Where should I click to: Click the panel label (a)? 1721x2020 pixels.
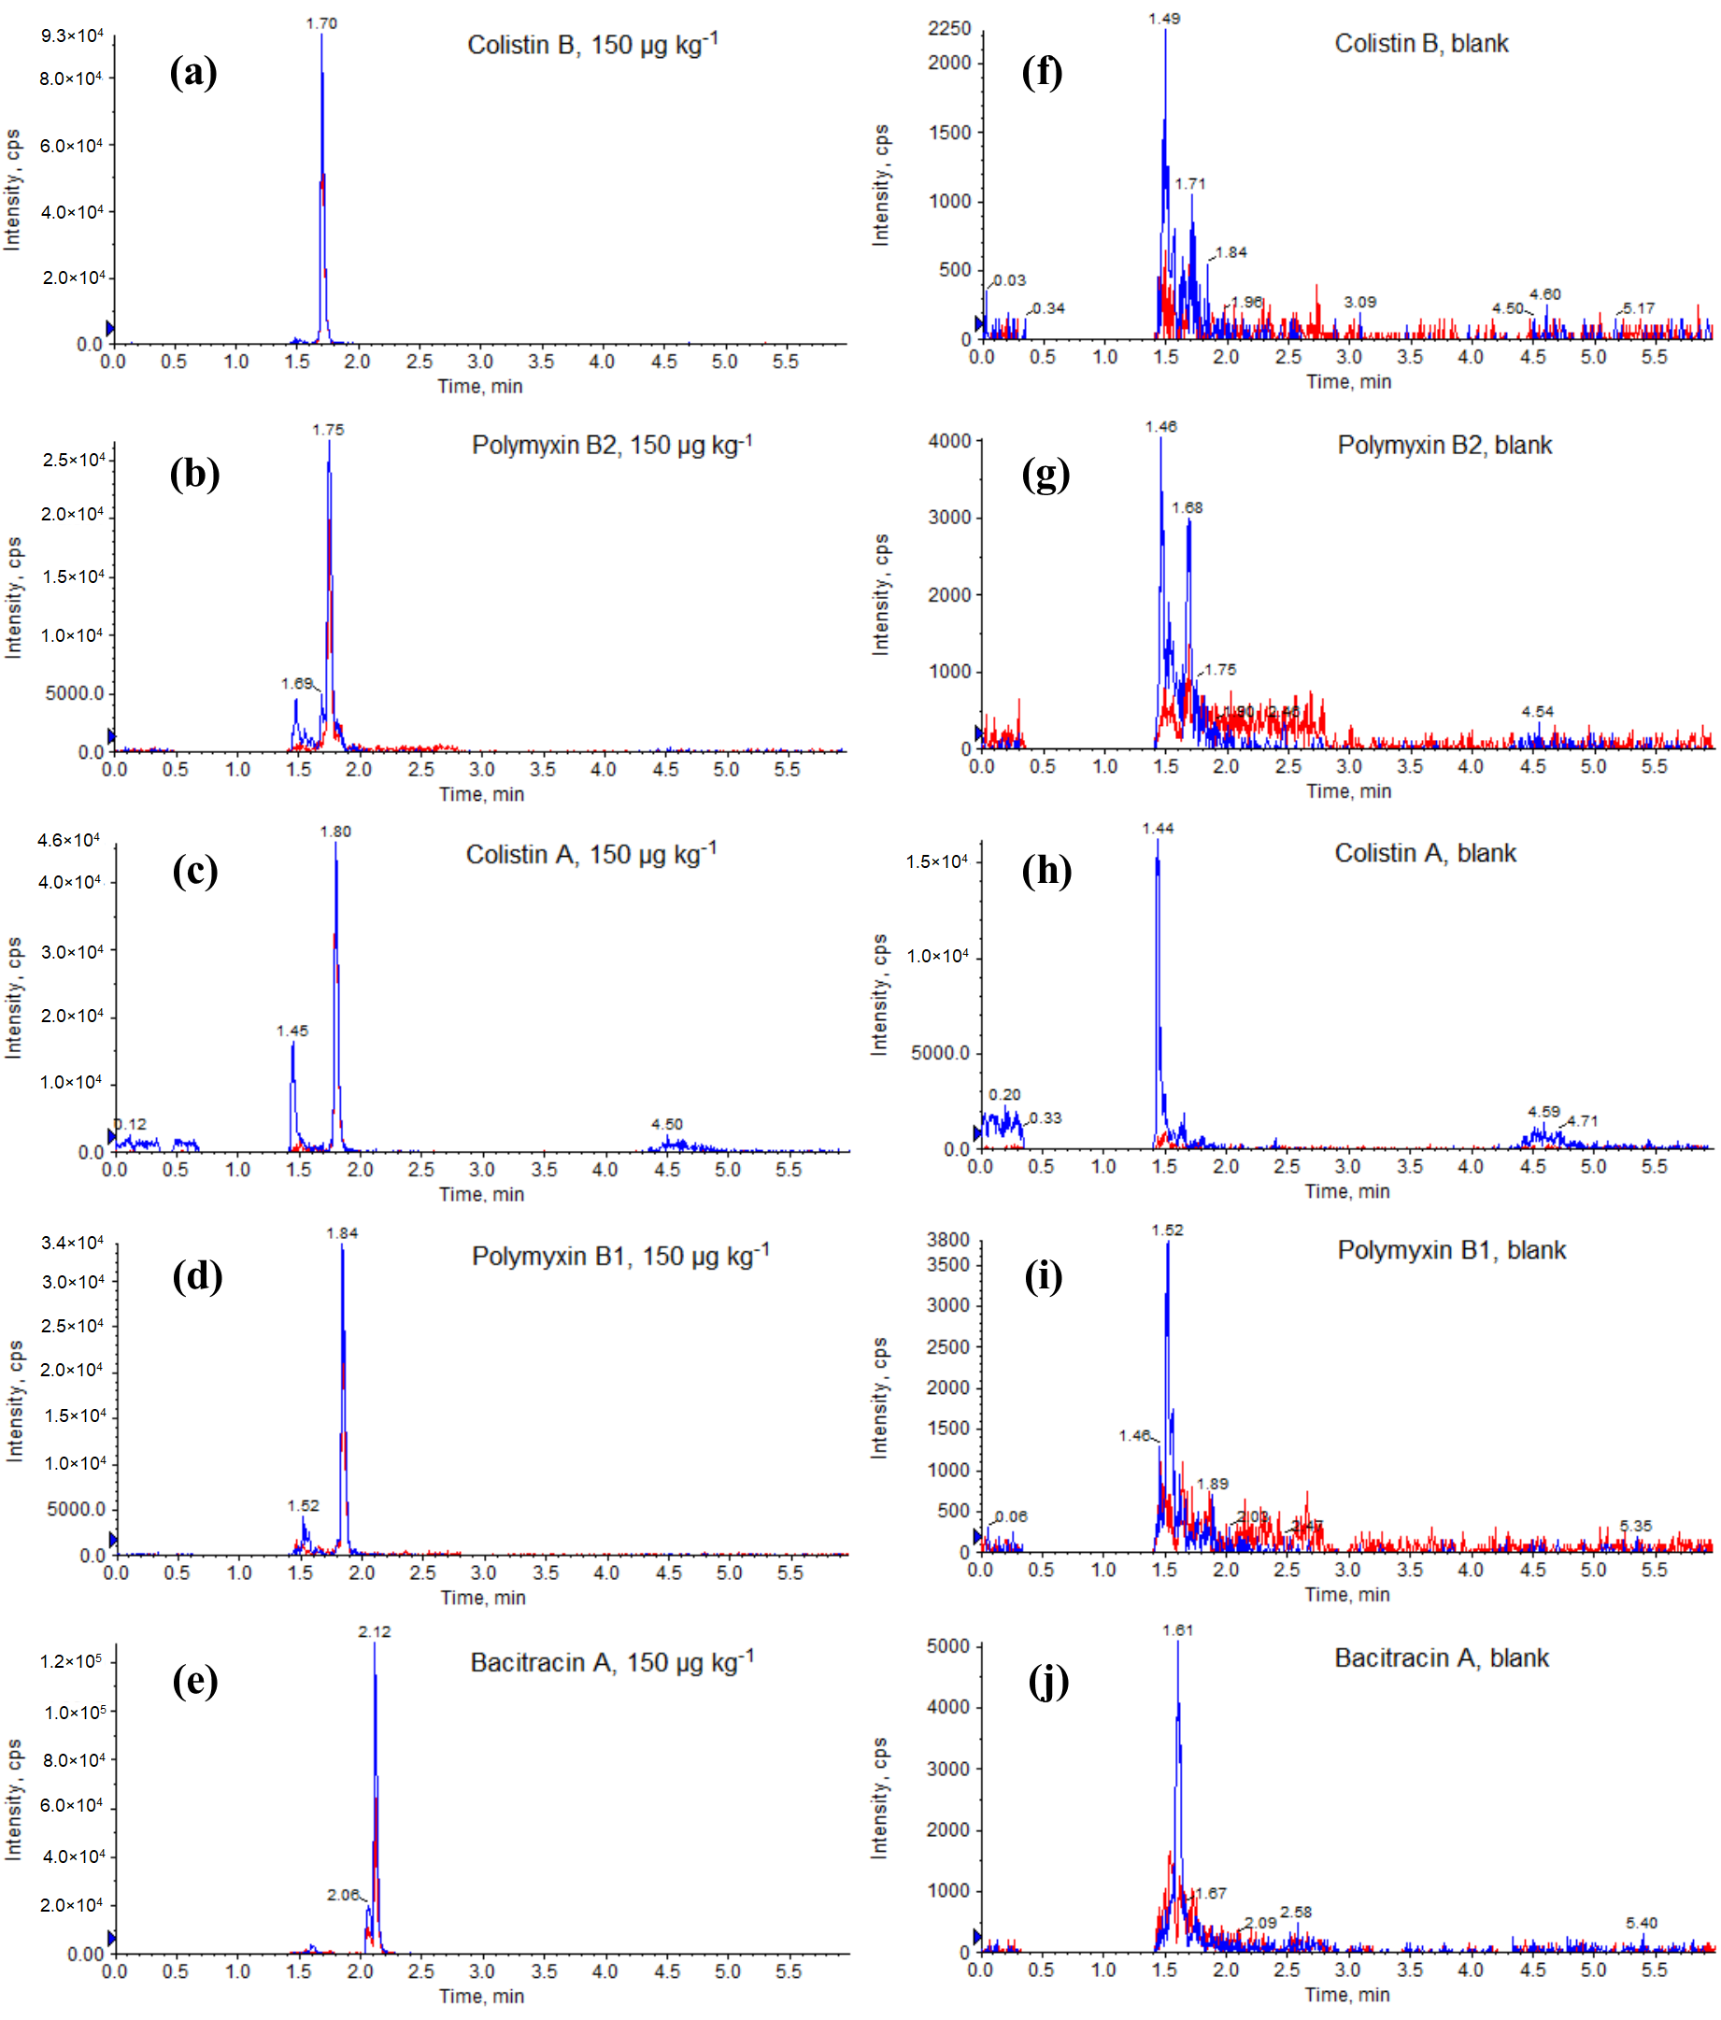193,73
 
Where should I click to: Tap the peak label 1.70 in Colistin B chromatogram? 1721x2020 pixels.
320,23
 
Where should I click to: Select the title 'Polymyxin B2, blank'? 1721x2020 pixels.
1444,446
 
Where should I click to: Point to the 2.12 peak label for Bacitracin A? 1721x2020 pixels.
375,1632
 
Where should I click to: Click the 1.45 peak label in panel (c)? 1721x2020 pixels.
292,1031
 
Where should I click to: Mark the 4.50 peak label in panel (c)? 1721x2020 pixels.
667,1124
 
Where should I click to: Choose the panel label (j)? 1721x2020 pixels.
1048,1682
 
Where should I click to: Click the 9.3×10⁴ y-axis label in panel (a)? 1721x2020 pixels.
72,36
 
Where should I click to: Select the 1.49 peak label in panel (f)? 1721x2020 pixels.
1164,19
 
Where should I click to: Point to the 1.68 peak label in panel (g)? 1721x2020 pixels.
1187,508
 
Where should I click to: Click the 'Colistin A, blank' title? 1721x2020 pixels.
1425,853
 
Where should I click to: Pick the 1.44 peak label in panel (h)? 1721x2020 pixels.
1159,829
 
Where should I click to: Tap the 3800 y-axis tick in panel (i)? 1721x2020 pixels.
947,1239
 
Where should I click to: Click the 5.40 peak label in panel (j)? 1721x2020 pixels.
1641,1924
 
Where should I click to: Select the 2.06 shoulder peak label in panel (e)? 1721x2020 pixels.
343,1895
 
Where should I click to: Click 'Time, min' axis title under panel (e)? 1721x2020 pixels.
482,1997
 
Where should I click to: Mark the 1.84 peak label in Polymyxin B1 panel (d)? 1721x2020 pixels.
342,1233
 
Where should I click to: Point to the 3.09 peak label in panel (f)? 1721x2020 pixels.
1359,302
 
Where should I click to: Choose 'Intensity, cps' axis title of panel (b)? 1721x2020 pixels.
14,598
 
